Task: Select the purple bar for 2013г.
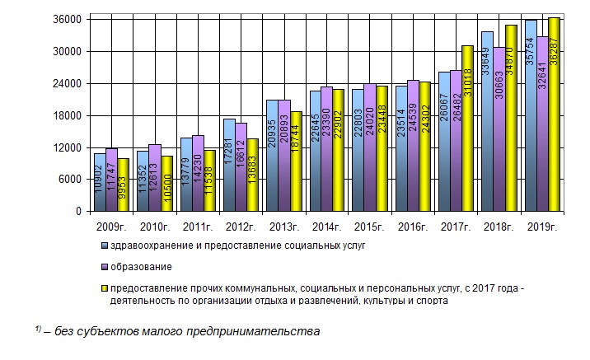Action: [284, 157]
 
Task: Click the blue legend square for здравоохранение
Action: [104, 245]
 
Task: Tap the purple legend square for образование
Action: [104, 267]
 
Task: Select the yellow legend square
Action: [104, 289]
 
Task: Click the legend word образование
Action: [142, 267]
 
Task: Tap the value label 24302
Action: [425, 168]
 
